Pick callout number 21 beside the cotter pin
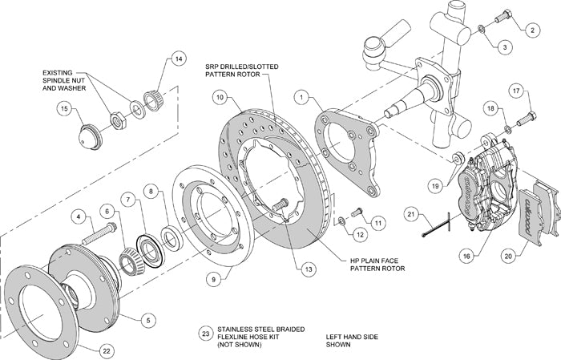click(x=410, y=214)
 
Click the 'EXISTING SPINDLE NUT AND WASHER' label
click(x=70, y=80)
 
